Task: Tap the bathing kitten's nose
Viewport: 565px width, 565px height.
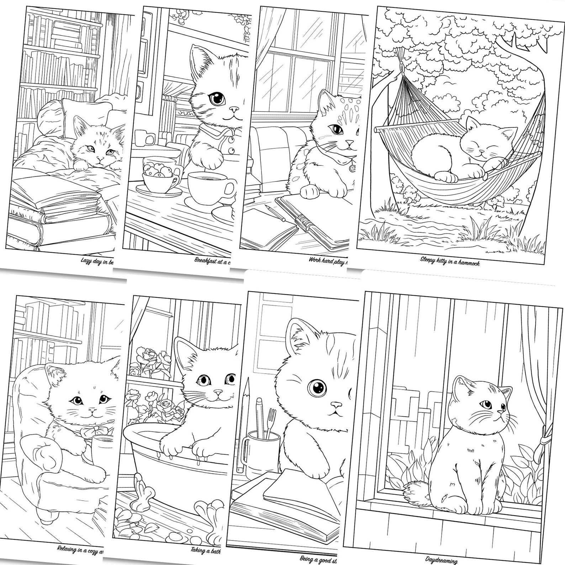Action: [217, 392]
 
